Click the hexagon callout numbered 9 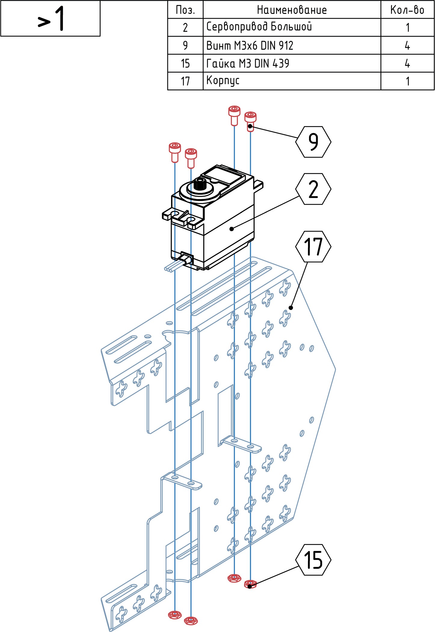[313, 142]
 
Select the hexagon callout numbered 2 [313, 189]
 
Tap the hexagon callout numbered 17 [313, 247]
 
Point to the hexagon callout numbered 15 [313, 560]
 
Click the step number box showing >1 [50, 18]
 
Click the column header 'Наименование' [292, 10]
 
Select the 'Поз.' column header [185, 10]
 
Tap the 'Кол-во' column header [407, 10]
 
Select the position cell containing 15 [185, 63]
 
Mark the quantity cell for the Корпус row [407, 81]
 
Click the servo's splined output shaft [199, 184]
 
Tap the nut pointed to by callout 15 [250, 584]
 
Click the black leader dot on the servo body [231, 229]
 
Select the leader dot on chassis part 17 [291, 308]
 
